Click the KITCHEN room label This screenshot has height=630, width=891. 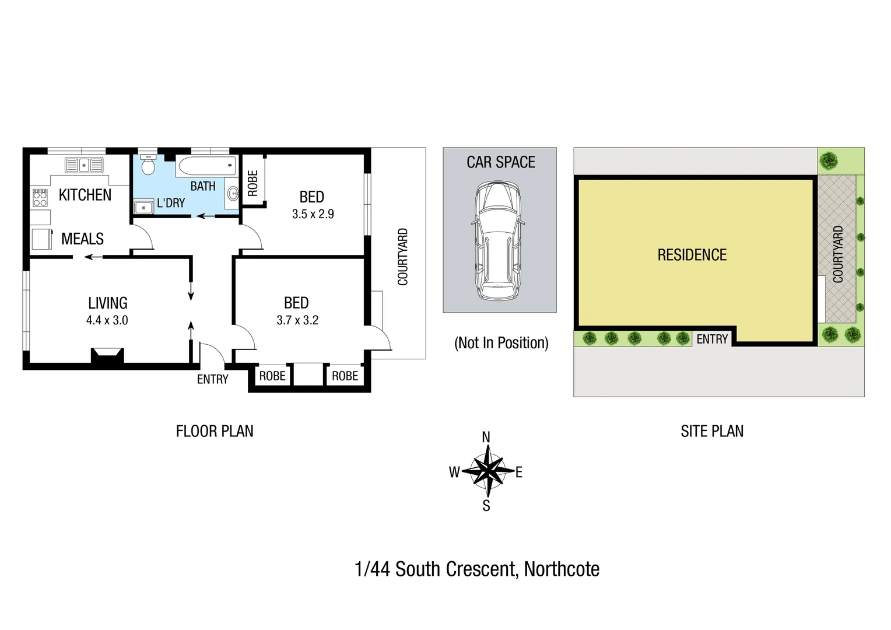point(85,195)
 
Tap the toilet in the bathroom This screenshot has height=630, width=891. point(148,167)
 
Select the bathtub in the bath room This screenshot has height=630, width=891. point(207,166)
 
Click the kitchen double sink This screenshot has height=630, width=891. point(84,165)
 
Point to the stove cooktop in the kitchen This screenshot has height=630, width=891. point(40,198)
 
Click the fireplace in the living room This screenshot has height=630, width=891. point(107,356)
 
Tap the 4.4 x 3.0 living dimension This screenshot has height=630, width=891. point(107,320)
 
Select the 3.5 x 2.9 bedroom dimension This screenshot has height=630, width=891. point(313,214)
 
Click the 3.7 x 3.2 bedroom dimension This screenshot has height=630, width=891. point(297,320)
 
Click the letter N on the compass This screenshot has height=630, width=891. point(486,437)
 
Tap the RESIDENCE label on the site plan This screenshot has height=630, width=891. point(692,255)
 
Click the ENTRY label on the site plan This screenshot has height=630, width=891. point(712,339)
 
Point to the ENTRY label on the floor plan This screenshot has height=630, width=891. point(212,380)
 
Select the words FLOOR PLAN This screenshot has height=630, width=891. point(215,431)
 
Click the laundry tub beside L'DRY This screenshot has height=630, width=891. point(143,207)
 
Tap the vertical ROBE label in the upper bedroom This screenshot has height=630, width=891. point(253,183)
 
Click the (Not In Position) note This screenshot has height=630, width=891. point(501,343)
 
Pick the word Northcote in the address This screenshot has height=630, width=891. point(562,569)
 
